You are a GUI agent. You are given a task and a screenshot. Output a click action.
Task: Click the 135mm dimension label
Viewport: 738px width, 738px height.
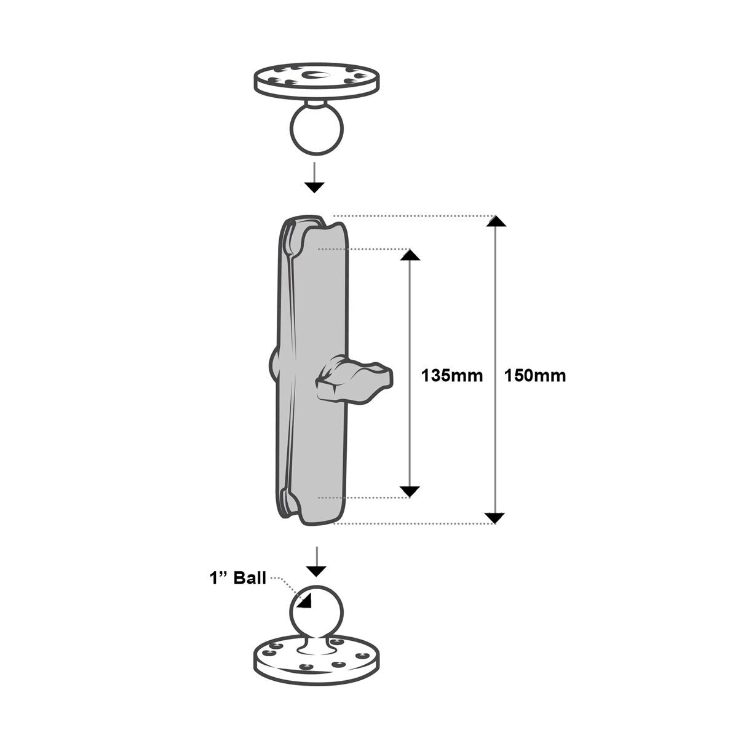pos(452,376)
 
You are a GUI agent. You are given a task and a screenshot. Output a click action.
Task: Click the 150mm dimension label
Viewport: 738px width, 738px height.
pos(535,376)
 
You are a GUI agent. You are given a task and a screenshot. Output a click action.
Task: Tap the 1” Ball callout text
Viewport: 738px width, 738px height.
pos(238,578)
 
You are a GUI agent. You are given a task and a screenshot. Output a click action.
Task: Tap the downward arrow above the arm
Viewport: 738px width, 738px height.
pos(314,177)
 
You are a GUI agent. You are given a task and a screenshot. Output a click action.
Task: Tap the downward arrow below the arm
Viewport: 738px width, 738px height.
pos(316,561)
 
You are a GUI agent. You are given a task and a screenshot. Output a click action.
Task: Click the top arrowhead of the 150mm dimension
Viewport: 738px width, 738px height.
pos(496,221)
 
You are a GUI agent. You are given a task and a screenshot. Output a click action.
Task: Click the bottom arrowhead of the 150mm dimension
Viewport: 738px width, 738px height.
pos(495,518)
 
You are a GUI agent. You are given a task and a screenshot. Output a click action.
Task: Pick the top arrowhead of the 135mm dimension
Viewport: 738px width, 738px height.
pos(410,255)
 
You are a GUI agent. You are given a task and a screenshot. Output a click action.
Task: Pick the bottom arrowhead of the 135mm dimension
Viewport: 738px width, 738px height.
pos(410,492)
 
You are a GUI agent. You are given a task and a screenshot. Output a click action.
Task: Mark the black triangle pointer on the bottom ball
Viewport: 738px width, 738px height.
pos(305,602)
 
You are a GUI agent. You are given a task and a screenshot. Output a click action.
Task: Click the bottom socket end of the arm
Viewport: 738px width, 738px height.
pos(312,506)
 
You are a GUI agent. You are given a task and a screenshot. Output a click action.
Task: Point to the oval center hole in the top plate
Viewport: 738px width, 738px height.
pos(314,74)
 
